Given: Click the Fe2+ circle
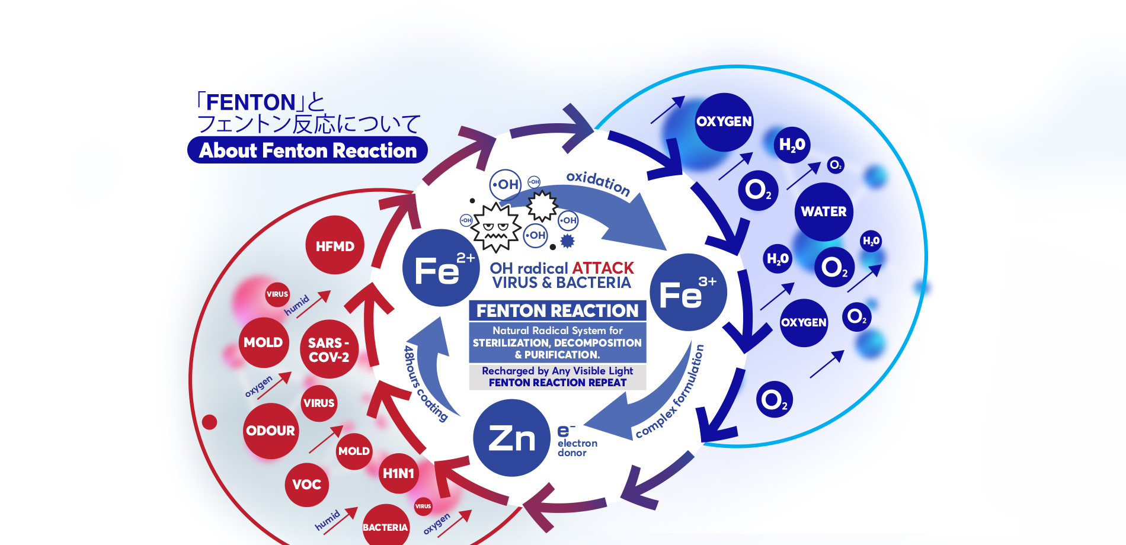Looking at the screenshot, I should (440, 268).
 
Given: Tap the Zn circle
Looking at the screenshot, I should (511, 438).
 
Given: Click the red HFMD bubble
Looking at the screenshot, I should (335, 245).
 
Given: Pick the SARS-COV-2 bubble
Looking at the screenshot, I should (329, 350).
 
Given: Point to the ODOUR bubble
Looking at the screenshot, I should (271, 431).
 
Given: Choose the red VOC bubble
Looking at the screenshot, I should (306, 485).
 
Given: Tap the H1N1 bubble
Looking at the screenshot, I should (398, 473).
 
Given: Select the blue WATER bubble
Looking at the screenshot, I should (823, 211).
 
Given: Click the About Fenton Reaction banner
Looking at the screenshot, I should (308, 150).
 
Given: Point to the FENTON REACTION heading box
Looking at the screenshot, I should (557, 310).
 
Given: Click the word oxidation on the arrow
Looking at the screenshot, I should (598, 183).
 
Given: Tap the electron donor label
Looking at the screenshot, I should (577, 447).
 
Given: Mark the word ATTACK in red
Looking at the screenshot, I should (603, 268).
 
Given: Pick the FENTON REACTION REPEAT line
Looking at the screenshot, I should (557, 383).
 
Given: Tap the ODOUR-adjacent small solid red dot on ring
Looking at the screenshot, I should (209, 422).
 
